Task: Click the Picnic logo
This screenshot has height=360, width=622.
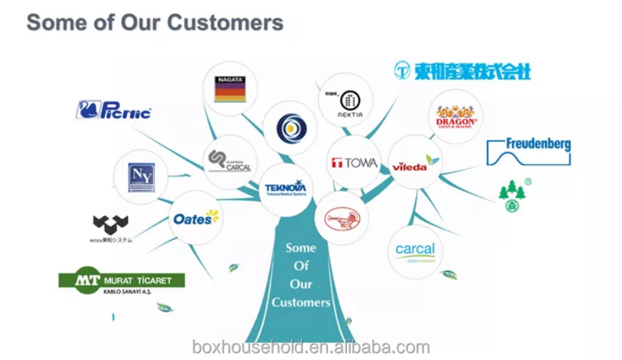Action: point(114,111)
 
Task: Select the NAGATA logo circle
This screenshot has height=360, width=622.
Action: point(230,89)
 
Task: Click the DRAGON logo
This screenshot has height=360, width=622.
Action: point(456,116)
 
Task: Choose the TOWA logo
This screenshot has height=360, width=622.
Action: point(354,162)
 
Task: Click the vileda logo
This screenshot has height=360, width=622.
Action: point(415,162)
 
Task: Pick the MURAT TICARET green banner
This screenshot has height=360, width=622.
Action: point(121,281)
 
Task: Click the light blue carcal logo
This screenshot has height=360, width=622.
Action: point(415,251)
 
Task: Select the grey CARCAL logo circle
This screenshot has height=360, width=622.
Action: point(230,161)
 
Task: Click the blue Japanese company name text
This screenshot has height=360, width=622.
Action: point(463,70)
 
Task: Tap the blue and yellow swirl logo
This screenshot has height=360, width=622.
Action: point(290,129)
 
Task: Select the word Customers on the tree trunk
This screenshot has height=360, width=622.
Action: point(301,302)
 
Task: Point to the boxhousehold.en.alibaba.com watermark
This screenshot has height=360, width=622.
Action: point(311,348)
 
